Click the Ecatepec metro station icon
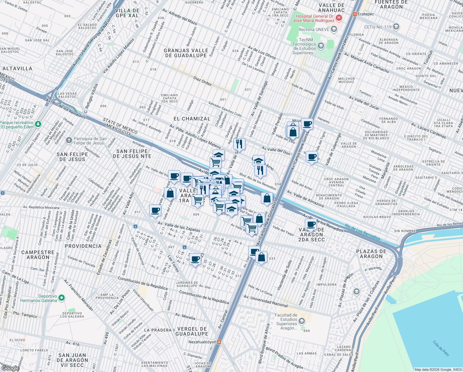coord(354,14)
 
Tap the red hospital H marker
coord(339,18)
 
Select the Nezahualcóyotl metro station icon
coord(219,342)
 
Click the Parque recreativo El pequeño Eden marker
coord(38,124)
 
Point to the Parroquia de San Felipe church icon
coord(69,141)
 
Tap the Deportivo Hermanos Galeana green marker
coord(62,298)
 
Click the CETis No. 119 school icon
coord(396,27)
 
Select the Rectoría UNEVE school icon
coord(334,29)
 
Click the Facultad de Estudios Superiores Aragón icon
coord(302,321)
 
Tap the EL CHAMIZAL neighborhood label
coord(192,119)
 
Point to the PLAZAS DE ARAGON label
coord(371,254)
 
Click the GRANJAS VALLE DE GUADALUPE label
coord(186,53)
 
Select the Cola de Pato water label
coord(441,348)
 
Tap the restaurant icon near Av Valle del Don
coord(239,144)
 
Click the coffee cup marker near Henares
coord(307,124)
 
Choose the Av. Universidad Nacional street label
coord(266,301)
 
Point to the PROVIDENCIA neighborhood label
coord(83,246)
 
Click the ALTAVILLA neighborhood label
coord(17,69)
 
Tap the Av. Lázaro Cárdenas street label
coord(428,131)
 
